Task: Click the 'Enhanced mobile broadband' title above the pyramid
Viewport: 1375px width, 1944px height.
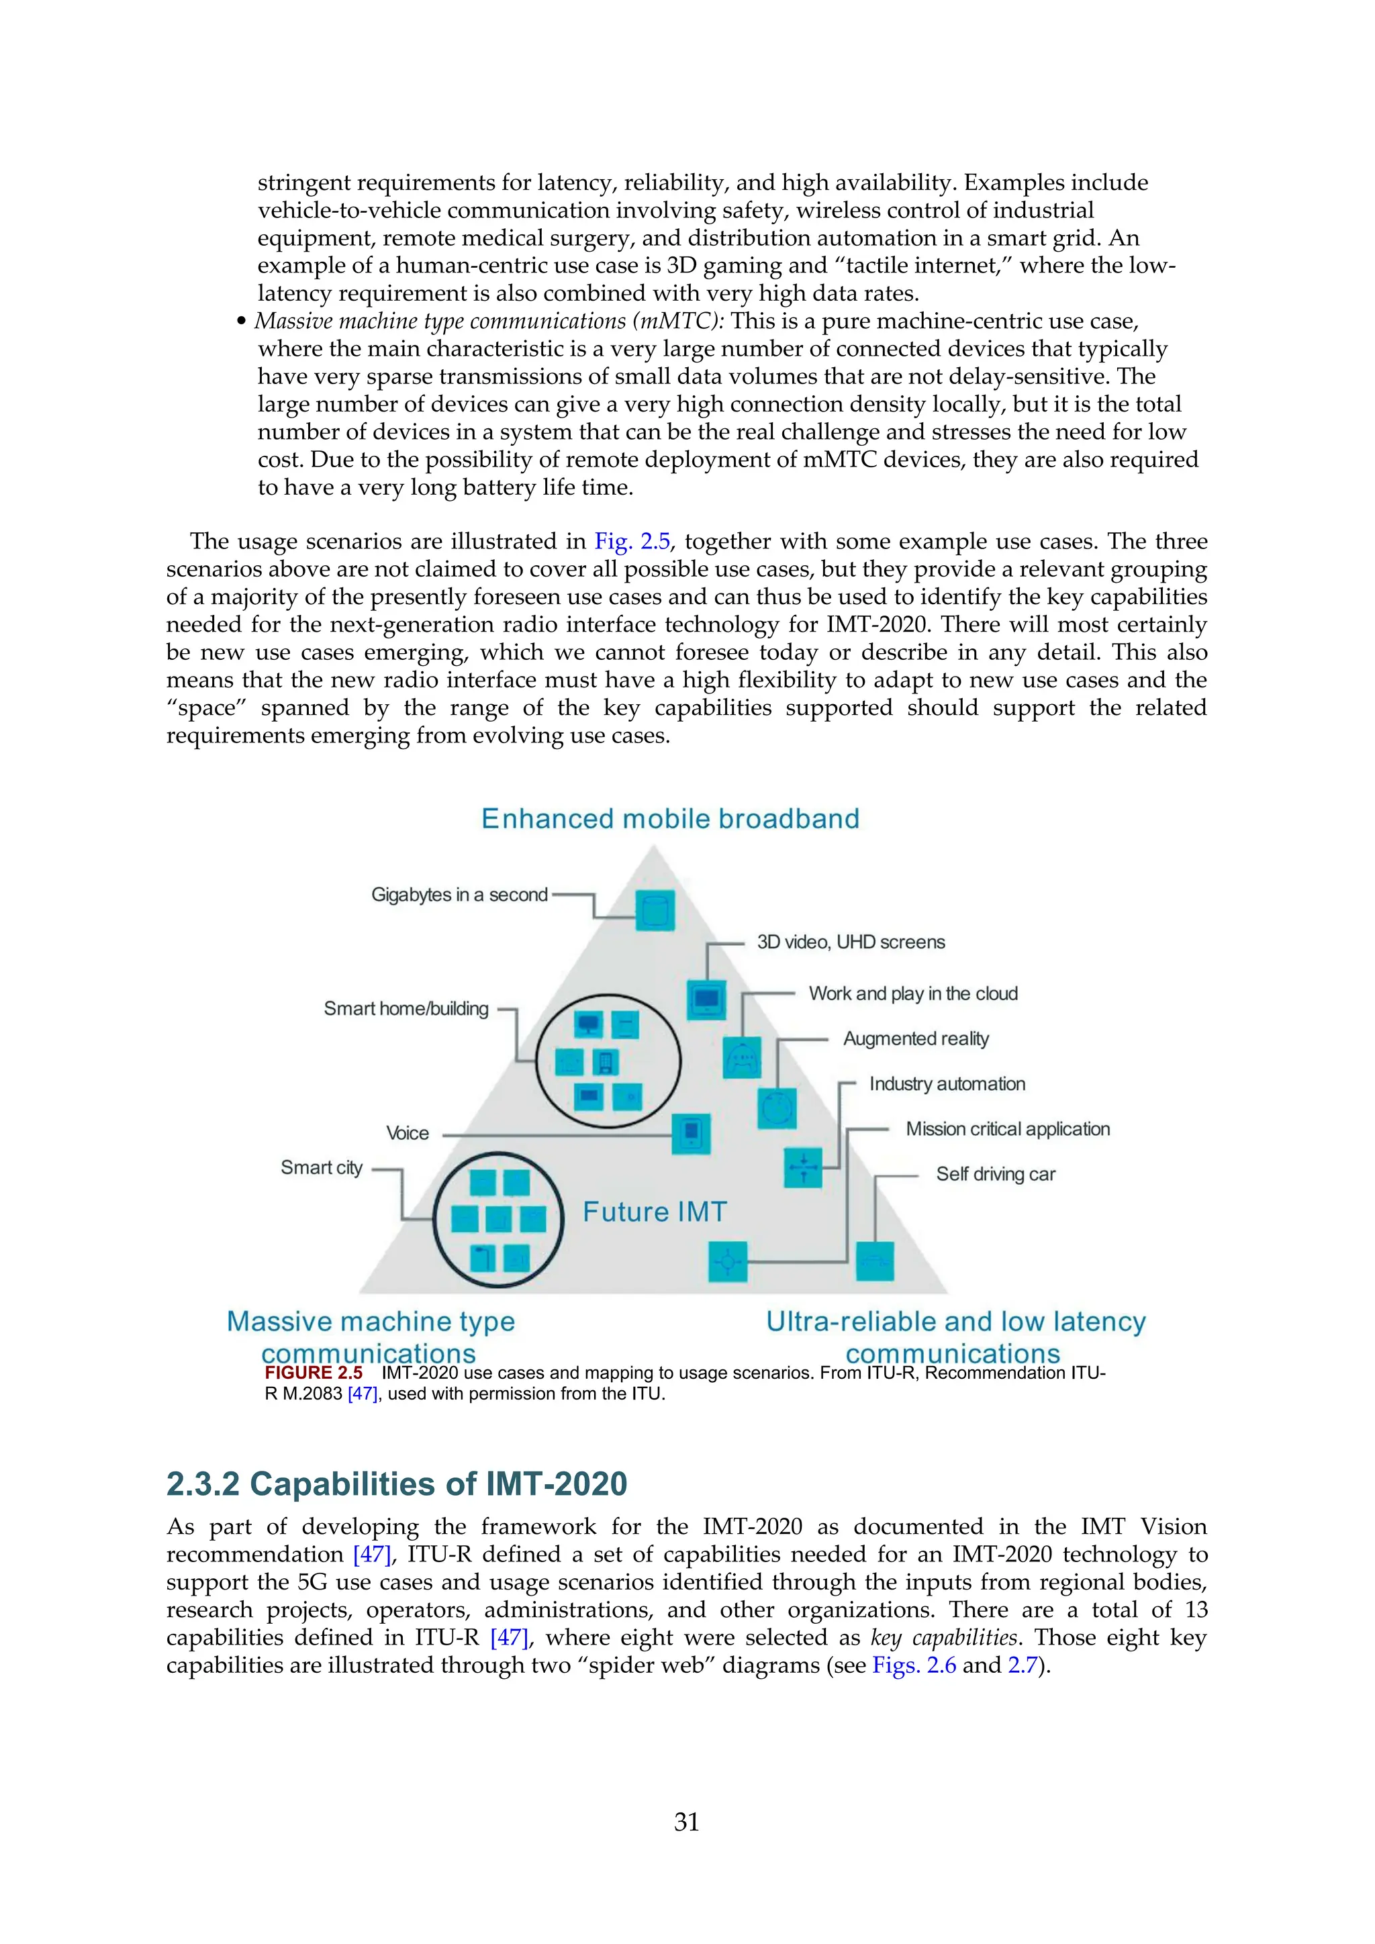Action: [x=670, y=819]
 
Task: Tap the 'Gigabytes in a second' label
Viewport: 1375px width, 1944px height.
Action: [x=459, y=895]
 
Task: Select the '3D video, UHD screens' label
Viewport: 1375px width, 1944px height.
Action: [x=850, y=942]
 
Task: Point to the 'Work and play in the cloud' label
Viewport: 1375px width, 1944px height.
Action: [x=912, y=993]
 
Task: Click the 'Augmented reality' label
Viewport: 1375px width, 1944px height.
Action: [x=915, y=1039]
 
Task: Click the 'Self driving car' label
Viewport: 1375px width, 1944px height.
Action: [x=995, y=1174]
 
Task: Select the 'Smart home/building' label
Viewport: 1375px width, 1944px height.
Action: [x=406, y=1008]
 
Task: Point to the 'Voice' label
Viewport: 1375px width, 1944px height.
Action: [x=408, y=1133]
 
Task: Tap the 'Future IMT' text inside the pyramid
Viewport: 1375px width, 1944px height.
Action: [x=655, y=1212]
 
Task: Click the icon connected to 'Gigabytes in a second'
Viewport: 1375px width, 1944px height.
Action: [x=655, y=911]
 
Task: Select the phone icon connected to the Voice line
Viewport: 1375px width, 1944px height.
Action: [x=691, y=1134]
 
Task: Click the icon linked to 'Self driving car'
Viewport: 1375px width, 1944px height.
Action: [x=875, y=1261]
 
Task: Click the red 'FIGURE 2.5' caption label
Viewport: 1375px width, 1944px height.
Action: [x=314, y=1373]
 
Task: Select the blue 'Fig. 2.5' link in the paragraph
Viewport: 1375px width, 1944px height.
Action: [x=632, y=541]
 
